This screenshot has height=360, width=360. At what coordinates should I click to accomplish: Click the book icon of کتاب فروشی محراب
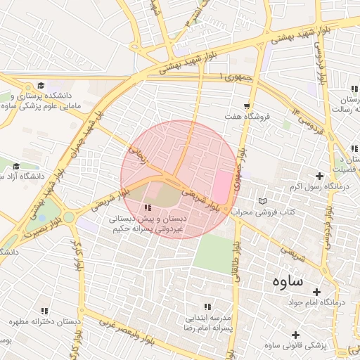(262, 202)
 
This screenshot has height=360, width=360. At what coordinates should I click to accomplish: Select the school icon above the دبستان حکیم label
(148, 208)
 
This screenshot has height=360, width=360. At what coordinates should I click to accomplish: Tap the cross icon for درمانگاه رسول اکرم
(320, 176)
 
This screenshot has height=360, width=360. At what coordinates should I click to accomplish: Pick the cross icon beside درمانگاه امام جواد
(316, 292)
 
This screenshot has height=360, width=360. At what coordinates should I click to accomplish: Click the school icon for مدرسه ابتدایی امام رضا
(207, 307)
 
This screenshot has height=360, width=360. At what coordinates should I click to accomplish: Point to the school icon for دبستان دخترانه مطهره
(45, 311)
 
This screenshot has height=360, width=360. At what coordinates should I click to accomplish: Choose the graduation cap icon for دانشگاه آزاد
(15, 165)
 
